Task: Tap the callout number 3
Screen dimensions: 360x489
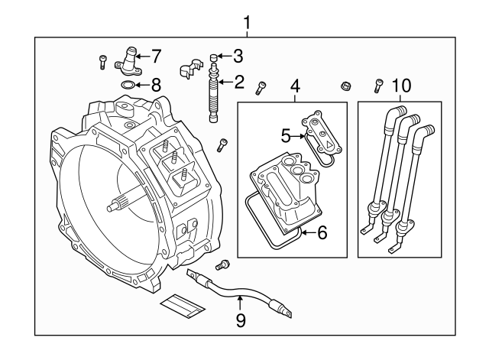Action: [x=239, y=56]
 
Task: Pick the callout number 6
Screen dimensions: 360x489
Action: [x=322, y=232]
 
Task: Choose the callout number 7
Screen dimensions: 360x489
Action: [x=156, y=56]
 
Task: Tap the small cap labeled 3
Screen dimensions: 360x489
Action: [x=215, y=57]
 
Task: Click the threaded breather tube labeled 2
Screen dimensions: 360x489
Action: [x=214, y=96]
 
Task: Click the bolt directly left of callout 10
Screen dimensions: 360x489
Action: [x=377, y=86]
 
